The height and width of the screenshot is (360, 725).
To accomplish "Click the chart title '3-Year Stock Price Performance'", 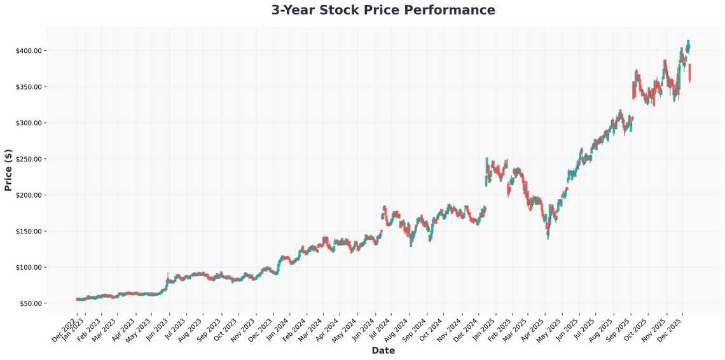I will click(x=383, y=10).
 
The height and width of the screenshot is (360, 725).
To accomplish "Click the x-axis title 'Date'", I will click(x=383, y=350).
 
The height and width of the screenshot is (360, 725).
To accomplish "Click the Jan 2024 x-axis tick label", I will click(x=277, y=328).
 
